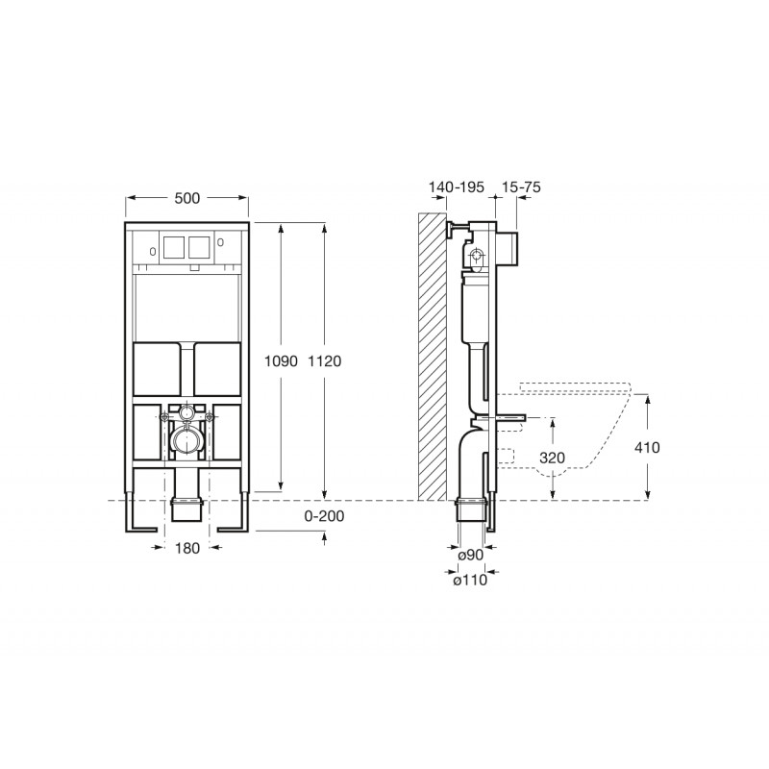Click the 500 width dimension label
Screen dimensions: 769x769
pyautogui.click(x=187, y=198)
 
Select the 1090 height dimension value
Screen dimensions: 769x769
pyautogui.click(x=281, y=361)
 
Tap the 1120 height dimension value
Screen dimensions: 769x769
pyautogui.click(x=324, y=361)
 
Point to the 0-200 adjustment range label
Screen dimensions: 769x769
pyautogui.click(x=324, y=516)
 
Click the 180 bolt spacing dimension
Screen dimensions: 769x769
pyautogui.click(x=187, y=548)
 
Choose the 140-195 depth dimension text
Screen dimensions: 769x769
pyautogui.click(x=456, y=186)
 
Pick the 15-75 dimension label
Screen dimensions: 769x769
pyautogui.click(x=521, y=186)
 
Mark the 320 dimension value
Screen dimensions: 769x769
pyautogui.click(x=552, y=458)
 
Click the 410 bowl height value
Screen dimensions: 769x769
pyautogui.click(x=647, y=447)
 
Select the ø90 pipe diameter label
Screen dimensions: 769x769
pyautogui.click(x=470, y=556)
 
